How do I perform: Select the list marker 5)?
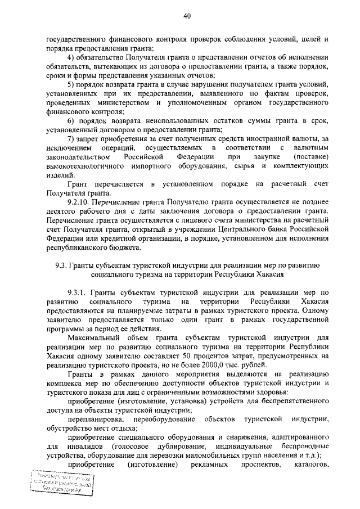pyautogui.click(x=71, y=83)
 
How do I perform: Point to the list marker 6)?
pyautogui.click(x=71, y=121)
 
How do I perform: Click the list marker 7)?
pyautogui.click(x=71, y=139)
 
